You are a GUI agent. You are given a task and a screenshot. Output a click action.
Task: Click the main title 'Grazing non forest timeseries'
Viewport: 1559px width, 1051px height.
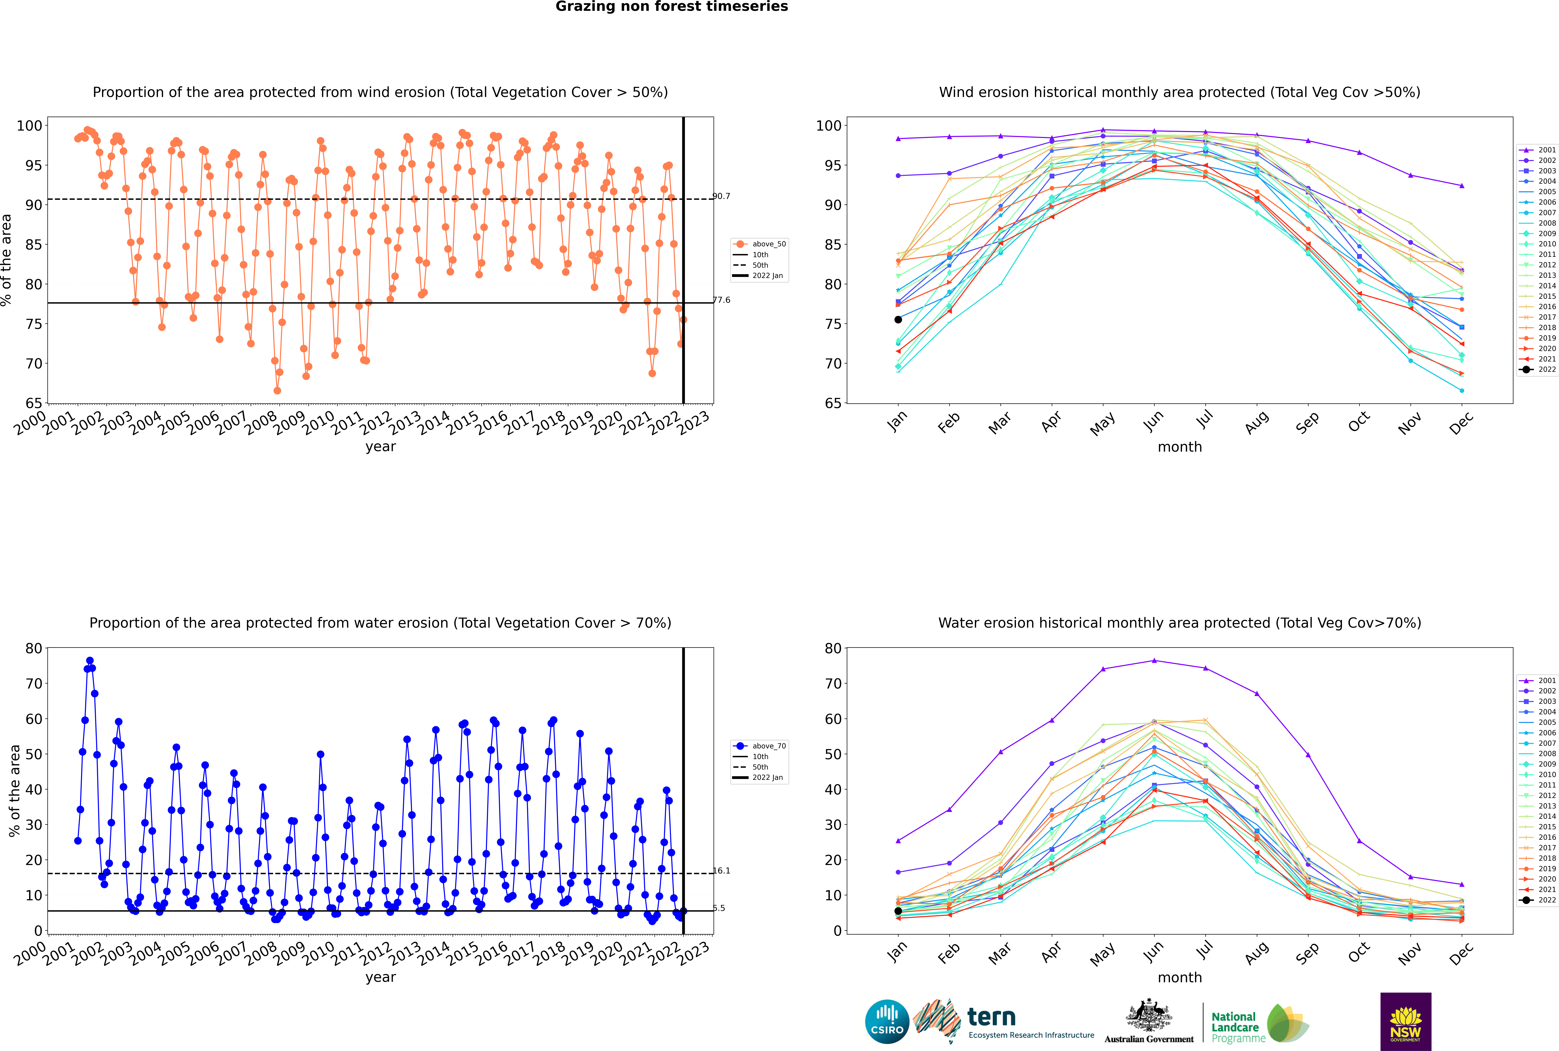pyautogui.click(x=672, y=7)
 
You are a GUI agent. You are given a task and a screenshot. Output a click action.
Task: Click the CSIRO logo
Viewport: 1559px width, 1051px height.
pyautogui.click(x=887, y=1022)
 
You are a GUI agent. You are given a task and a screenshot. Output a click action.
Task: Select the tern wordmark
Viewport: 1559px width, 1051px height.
pyautogui.click(x=991, y=1018)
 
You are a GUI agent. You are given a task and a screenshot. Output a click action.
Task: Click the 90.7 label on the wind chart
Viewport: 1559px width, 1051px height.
pyautogui.click(x=721, y=196)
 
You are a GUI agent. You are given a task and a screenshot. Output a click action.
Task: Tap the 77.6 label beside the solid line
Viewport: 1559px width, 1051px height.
pyautogui.click(x=721, y=300)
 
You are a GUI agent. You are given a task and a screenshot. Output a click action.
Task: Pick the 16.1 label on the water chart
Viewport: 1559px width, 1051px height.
pyautogui.click(x=721, y=871)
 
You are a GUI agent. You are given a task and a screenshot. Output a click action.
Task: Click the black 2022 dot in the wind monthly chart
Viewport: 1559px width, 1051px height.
pyautogui.click(x=898, y=320)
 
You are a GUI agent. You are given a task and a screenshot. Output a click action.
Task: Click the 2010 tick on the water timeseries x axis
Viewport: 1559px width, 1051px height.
pyautogui.click(x=319, y=951)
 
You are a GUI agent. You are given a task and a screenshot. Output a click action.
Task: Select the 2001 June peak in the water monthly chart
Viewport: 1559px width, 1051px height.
pyautogui.click(x=1154, y=661)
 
